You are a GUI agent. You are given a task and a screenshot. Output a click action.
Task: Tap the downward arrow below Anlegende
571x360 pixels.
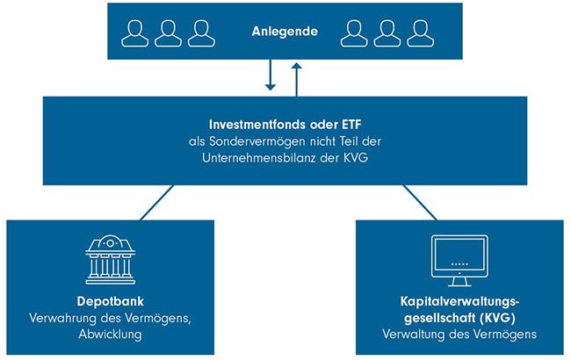click(271, 77)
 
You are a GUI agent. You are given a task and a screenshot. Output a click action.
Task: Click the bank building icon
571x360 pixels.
click(110, 256)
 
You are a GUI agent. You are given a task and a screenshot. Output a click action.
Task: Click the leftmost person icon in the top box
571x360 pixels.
click(135, 33)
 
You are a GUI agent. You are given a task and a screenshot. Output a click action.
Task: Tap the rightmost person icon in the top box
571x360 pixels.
click(417, 33)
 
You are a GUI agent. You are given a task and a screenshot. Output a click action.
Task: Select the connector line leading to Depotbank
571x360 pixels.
click(156, 202)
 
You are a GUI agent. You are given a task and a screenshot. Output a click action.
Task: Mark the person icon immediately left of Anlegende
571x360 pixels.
click(201, 33)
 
